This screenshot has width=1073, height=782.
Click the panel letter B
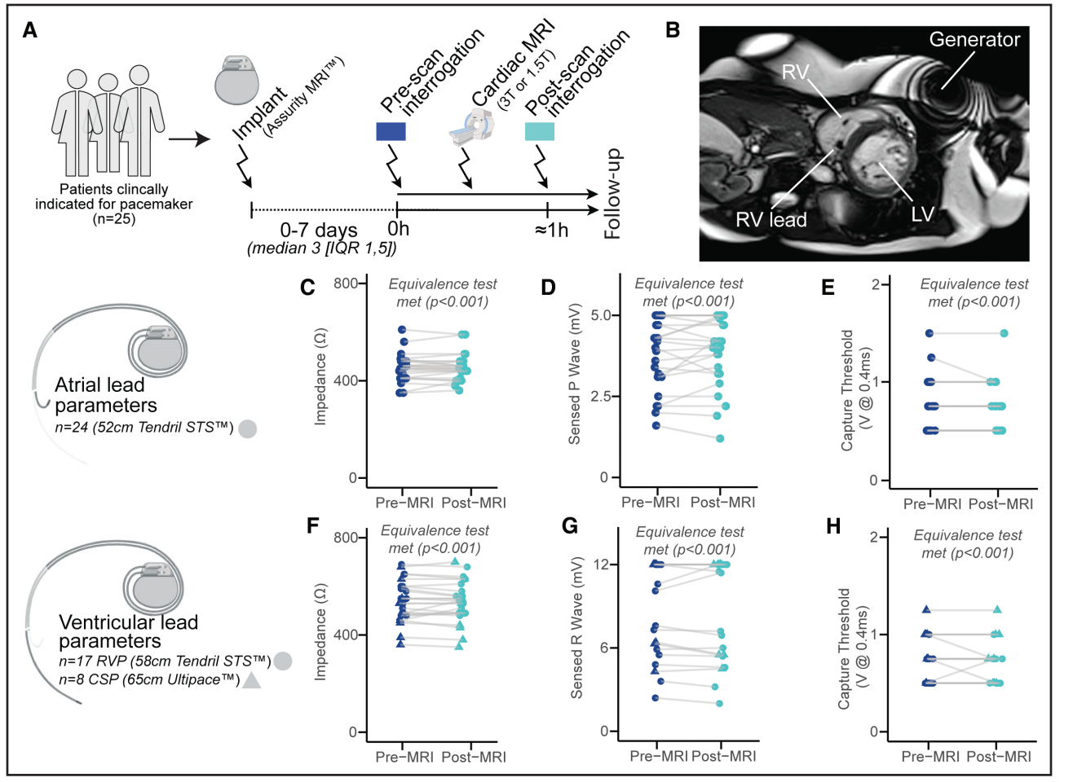(673, 31)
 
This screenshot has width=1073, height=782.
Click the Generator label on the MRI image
(974, 40)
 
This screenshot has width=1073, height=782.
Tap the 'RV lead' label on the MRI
(771, 220)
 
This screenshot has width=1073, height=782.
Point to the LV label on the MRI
(922, 214)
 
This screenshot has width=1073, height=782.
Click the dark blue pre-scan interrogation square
(391, 131)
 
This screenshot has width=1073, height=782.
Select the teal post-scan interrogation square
(540, 131)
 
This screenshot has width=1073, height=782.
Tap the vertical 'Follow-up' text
(612, 195)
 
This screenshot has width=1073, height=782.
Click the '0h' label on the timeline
(398, 230)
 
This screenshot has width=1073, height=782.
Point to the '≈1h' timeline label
(551, 231)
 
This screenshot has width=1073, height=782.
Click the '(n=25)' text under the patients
(113, 218)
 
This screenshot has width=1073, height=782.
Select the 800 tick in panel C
(345, 283)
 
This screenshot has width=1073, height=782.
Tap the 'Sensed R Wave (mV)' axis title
(576, 627)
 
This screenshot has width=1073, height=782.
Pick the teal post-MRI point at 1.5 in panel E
(1004, 333)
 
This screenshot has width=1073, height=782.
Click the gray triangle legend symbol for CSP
(252, 680)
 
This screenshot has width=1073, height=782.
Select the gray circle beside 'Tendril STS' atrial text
(248, 428)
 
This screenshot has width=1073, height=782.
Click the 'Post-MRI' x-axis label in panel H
(999, 757)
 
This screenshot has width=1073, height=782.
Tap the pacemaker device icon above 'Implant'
(237, 81)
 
